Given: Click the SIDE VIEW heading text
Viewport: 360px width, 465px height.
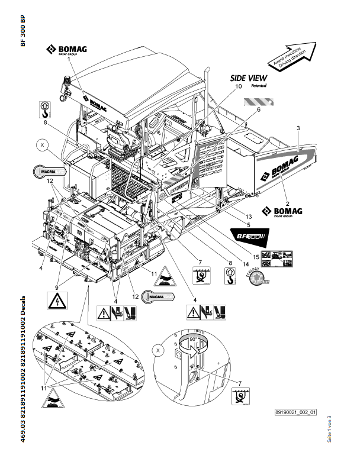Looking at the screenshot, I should click(x=249, y=77).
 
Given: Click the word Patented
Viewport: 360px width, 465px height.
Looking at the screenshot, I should click(x=259, y=86).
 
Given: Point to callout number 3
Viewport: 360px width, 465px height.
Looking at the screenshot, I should click(x=298, y=128).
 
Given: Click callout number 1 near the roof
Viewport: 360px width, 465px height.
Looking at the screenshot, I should click(x=69, y=59).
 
